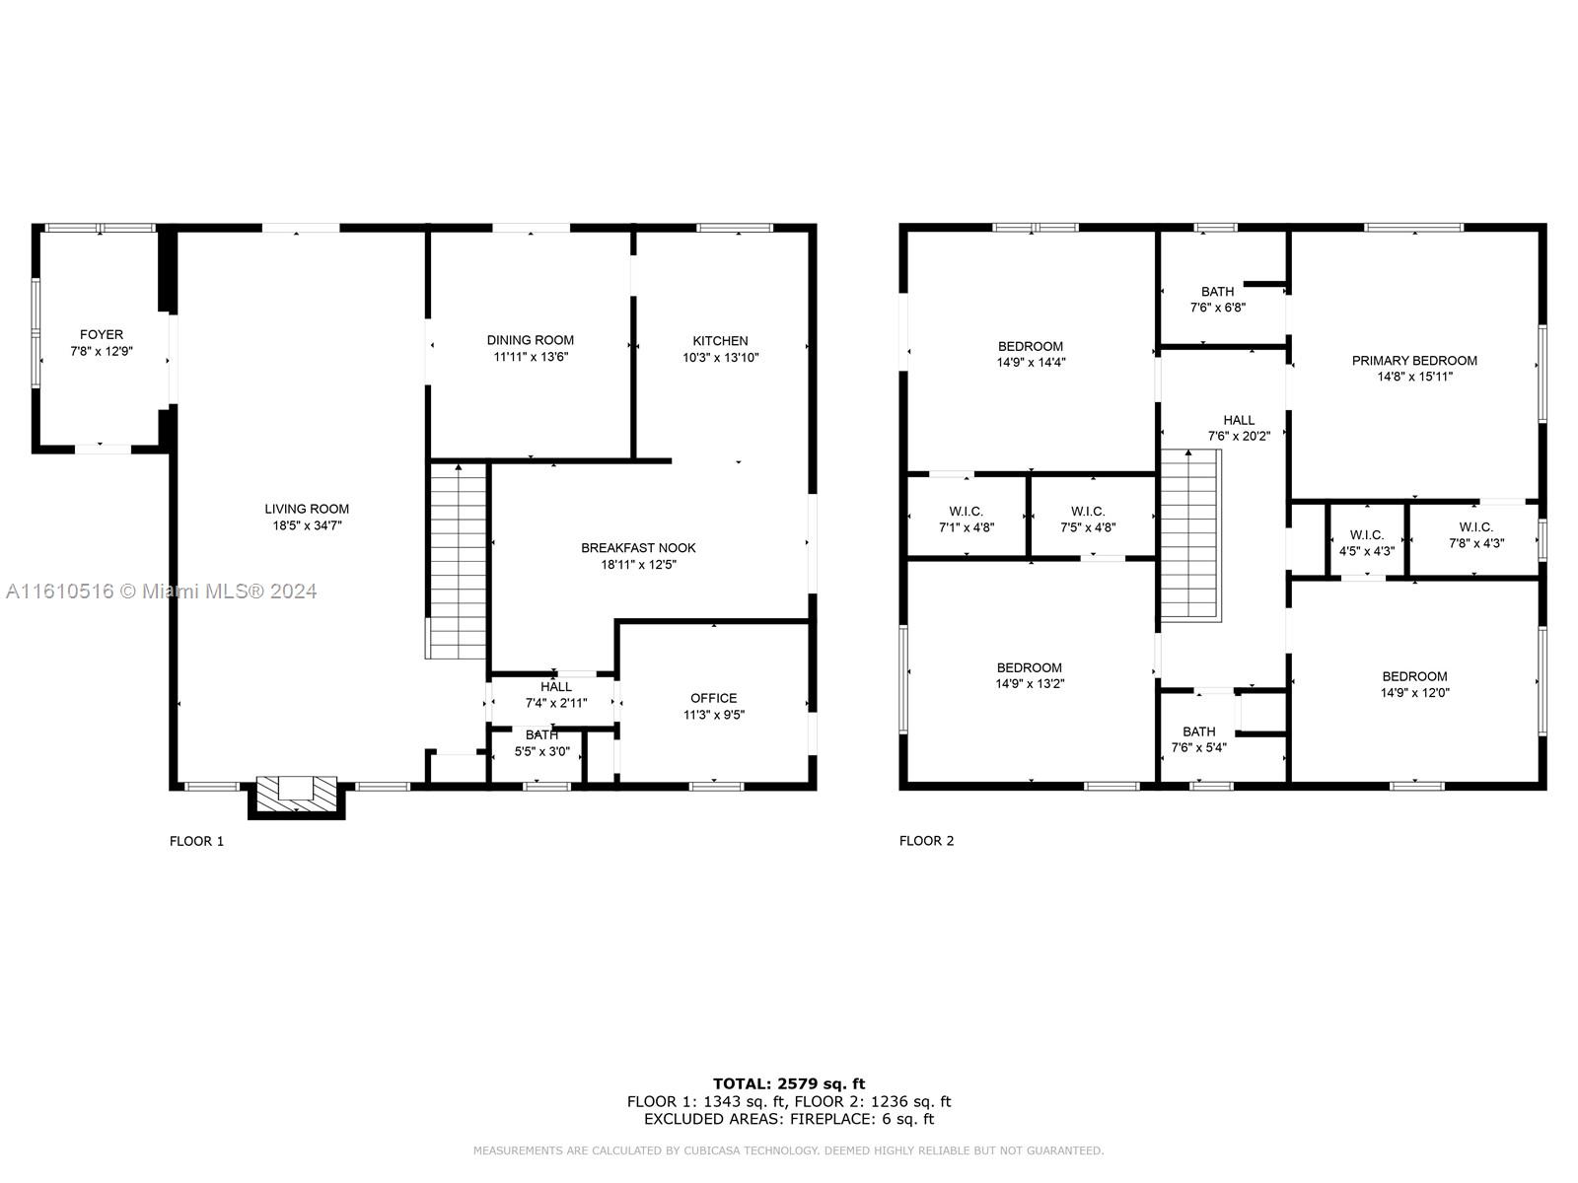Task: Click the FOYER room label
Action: tap(102, 335)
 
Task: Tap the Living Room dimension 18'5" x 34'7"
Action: tap(307, 525)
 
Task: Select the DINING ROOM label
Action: tap(531, 340)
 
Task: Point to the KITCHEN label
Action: tap(720, 341)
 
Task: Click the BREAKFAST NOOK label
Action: tap(638, 548)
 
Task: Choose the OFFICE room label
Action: tap(714, 698)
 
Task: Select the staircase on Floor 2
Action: tap(1190, 535)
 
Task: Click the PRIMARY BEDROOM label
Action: tap(1414, 361)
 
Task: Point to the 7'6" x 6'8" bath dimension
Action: tap(1218, 308)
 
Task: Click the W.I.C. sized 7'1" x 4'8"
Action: tap(967, 520)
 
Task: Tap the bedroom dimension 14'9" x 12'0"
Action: tap(1415, 693)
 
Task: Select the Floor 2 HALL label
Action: tap(1239, 420)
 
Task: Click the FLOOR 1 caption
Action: tap(197, 841)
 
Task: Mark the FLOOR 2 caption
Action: tap(927, 841)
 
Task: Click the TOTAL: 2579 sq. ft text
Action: tap(789, 1083)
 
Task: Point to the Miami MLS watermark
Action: tap(161, 591)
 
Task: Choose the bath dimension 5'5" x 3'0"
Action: tap(542, 752)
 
